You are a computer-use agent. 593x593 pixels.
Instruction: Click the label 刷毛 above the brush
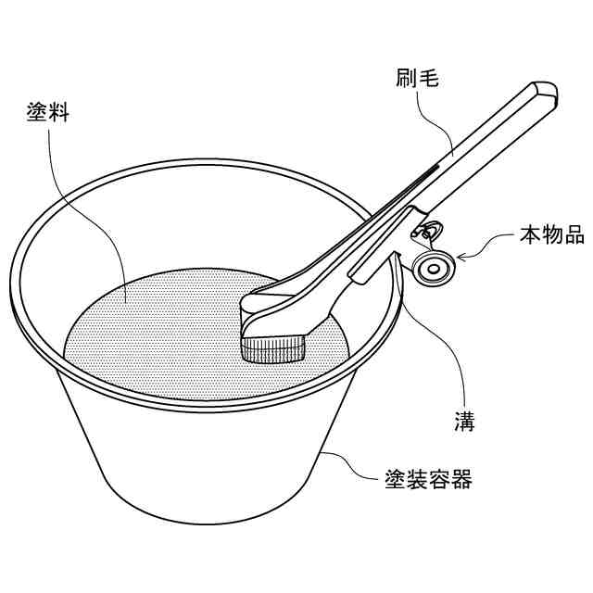click(x=417, y=78)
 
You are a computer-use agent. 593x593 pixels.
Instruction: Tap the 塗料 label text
click(x=48, y=111)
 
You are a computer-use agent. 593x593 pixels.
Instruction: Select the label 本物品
click(x=552, y=234)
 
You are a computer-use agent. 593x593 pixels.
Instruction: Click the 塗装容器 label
click(x=428, y=479)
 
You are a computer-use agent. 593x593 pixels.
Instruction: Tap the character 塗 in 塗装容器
click(x=396, y=479)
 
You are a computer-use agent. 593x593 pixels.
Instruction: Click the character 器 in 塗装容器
click(x=461, y=479)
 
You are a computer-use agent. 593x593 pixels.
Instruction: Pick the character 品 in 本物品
click(x=574, y=234)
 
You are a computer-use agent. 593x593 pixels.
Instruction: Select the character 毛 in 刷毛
click(x=428, y=78)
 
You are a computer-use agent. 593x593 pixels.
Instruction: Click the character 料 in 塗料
click(x=59, y=111)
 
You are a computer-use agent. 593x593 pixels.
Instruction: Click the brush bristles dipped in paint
click(x=273, y=350)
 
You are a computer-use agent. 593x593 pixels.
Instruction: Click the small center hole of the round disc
click(x=434, y=270)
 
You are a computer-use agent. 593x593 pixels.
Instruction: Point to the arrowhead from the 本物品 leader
click(x=461, y=258)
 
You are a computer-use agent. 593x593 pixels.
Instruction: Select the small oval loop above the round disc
click(x=426, y=231)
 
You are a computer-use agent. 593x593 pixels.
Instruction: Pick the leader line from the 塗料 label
click(x=95, y=220)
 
